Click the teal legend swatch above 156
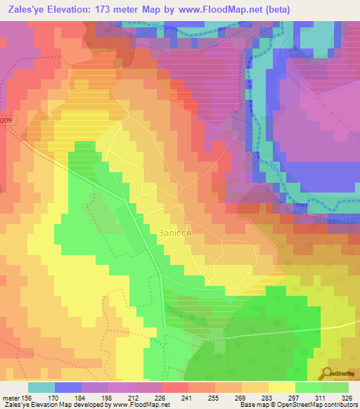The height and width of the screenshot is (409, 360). pyautogui.click(x=41, y=387)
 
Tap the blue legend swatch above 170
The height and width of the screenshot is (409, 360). pyautogui.click(x=68, y=387)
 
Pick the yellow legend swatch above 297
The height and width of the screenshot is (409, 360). pyautogui.click(x=281, y=387)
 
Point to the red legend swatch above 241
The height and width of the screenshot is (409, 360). pyautogui.click(x=174, y=387)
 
